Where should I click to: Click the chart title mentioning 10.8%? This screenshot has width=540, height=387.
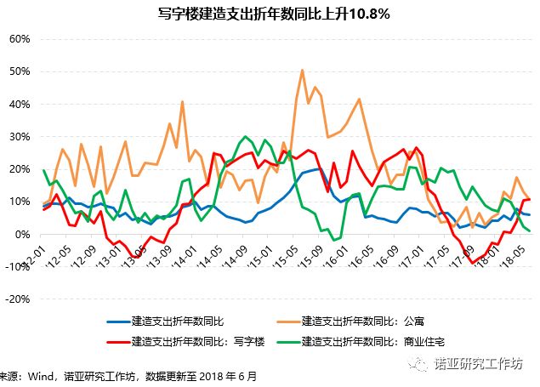pyautogui.click(x=270, y=14)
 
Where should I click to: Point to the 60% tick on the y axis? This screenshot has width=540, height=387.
pyautogui.click(x=20, y=39)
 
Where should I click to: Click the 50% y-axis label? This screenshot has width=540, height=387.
pyautogui.click(x=20, y=71)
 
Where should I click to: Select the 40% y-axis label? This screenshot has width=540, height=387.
pyautogui.click(x=20, y=104)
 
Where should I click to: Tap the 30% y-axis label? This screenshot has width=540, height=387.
pyautogui.click(x=20, y=136)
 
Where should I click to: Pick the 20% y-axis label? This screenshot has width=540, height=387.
pyautogui.click(x=20, y=169)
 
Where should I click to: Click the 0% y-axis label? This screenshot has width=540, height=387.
pyautogui.click(x=22, y=234)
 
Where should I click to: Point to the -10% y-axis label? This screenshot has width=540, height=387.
pyautogui.click(x=18, y=266)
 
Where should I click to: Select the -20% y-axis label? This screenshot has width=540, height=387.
pyautogui.click(x=18, y=299)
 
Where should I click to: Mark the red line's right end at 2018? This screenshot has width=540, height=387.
pyautogui.click(x=530, y=199)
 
